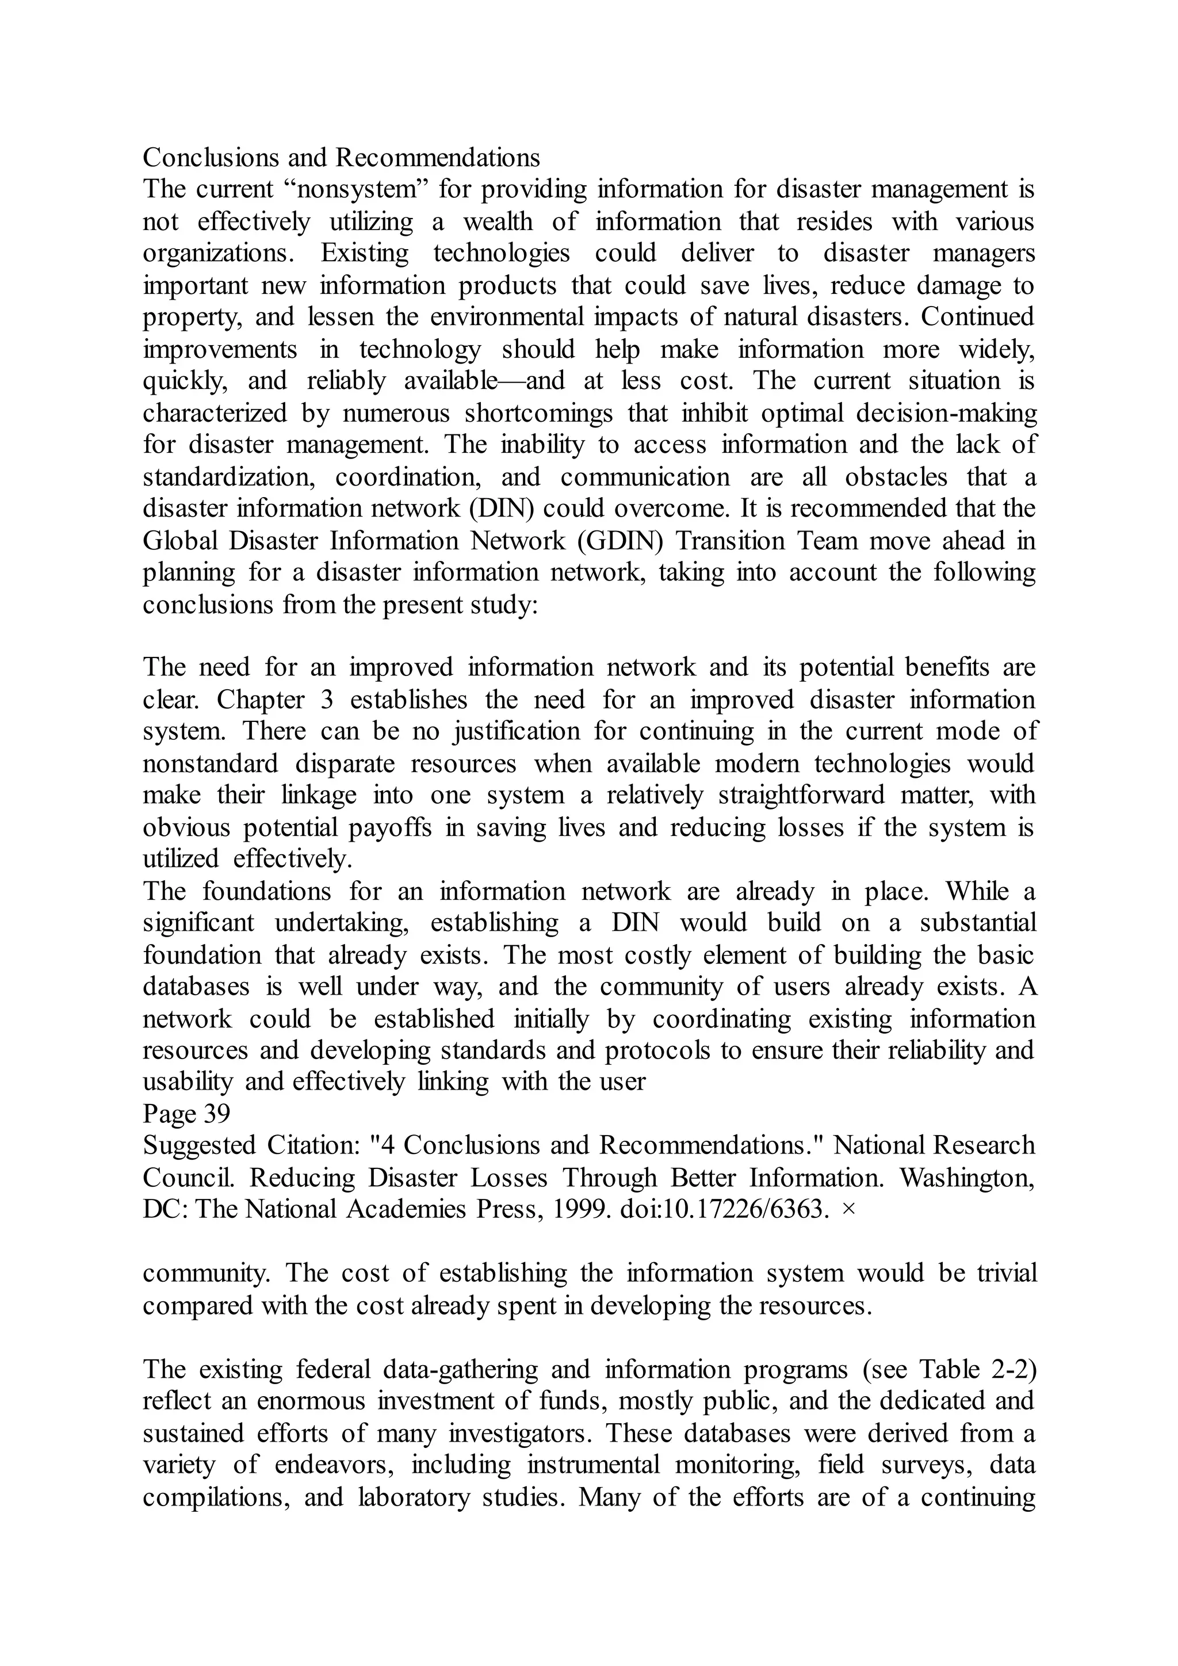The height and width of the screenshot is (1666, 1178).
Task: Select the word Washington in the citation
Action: [x=967, y=1178]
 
